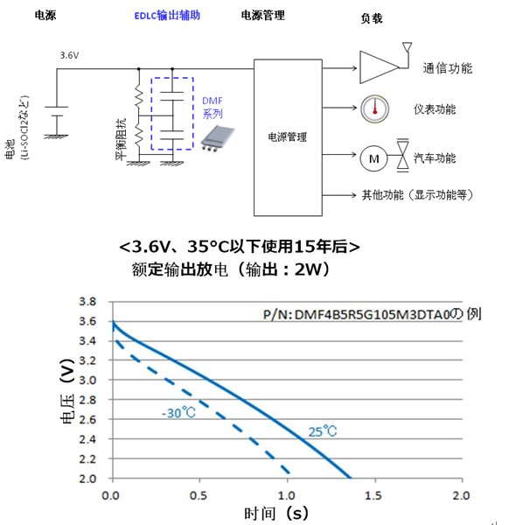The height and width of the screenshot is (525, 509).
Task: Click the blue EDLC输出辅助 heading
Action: (x=167, y=16)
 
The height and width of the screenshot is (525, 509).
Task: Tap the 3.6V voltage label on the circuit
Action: (x=69, y=55)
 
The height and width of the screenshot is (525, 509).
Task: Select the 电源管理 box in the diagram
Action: (x=288, y=137)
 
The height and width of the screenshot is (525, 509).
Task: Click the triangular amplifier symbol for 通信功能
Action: (x=380, y=67)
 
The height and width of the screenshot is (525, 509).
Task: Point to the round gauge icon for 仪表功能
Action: (x=375, y=108)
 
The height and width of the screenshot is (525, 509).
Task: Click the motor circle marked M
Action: (x=373, y=158)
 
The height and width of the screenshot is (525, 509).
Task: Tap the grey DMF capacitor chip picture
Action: (x=218, y=138)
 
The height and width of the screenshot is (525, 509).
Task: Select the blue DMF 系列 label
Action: (x=213, y=108)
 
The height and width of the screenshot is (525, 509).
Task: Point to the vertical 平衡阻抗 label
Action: (x=122, y=139)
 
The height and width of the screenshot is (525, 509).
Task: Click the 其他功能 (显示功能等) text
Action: (x=418, y=195)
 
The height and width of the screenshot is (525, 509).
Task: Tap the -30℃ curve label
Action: (x=178, y=413)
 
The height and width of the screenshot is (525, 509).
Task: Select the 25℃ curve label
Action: (x=322, y=431)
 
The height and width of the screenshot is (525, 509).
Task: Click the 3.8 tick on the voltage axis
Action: (x=87, y=302)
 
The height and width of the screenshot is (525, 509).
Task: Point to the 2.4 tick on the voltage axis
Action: (x=87, y=439)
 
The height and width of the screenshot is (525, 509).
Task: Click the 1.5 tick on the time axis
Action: (x=373, y=496)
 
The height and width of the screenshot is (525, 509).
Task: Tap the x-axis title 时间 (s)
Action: (x=276, y=514)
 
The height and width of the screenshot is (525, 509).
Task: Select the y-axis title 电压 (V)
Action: (x=67, y=391)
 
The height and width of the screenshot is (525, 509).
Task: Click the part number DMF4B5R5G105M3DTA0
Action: (x=372, y=315)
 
